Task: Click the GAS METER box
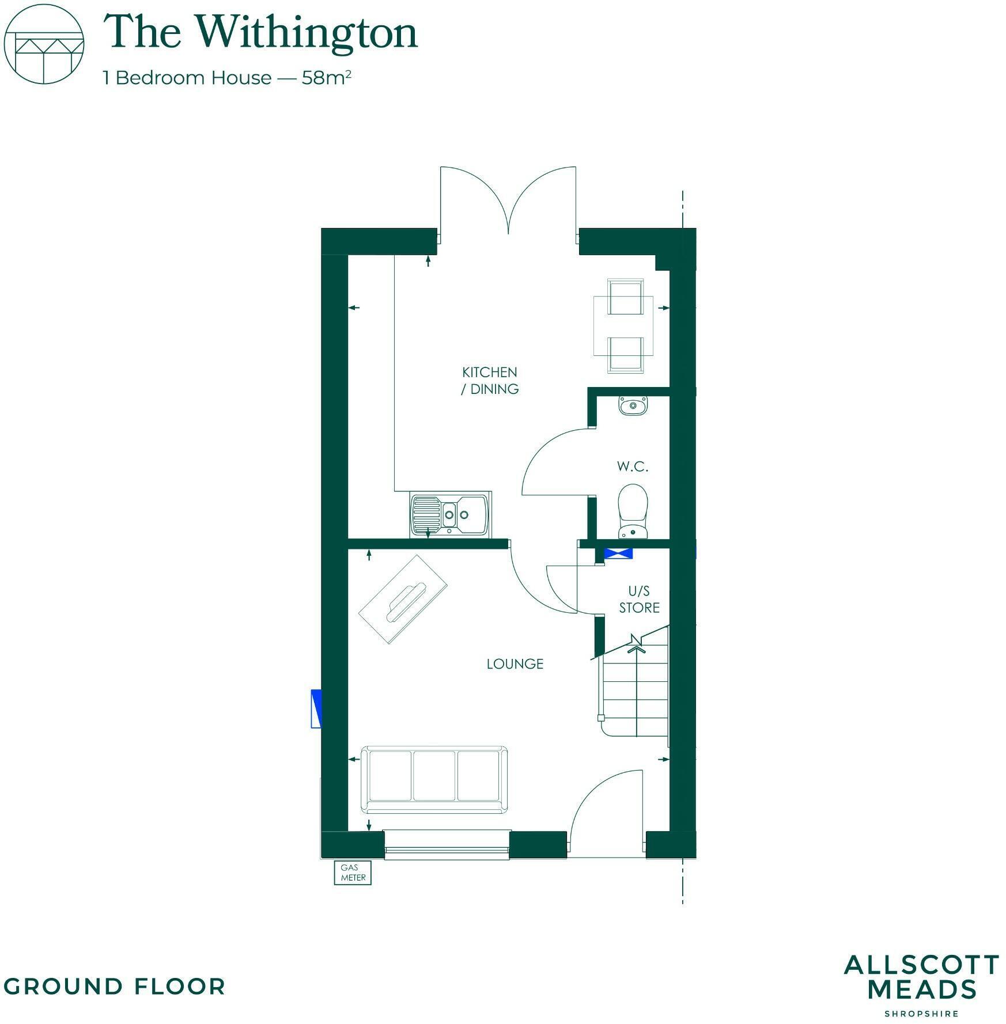tap(353, 873)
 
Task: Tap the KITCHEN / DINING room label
tap(490, 381)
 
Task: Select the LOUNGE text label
tap(515, 664)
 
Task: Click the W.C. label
tap(633, 467)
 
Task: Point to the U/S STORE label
tap(639, 599)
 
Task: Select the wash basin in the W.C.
tap(633, 405)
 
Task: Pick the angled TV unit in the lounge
tap(403, 599)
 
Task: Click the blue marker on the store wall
tap(618, 553)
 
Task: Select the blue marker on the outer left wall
tap(316, 708)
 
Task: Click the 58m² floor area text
tap(326, 78)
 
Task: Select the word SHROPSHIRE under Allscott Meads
tap(921, 1013)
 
